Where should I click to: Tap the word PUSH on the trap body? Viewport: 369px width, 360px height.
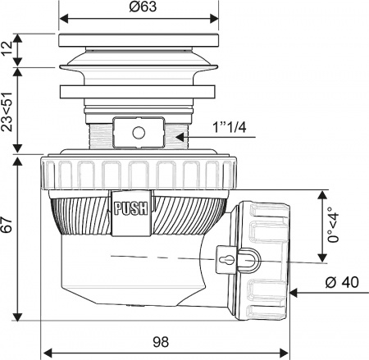coord(130,207)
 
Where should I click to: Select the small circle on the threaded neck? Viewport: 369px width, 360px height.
coord(139,131)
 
